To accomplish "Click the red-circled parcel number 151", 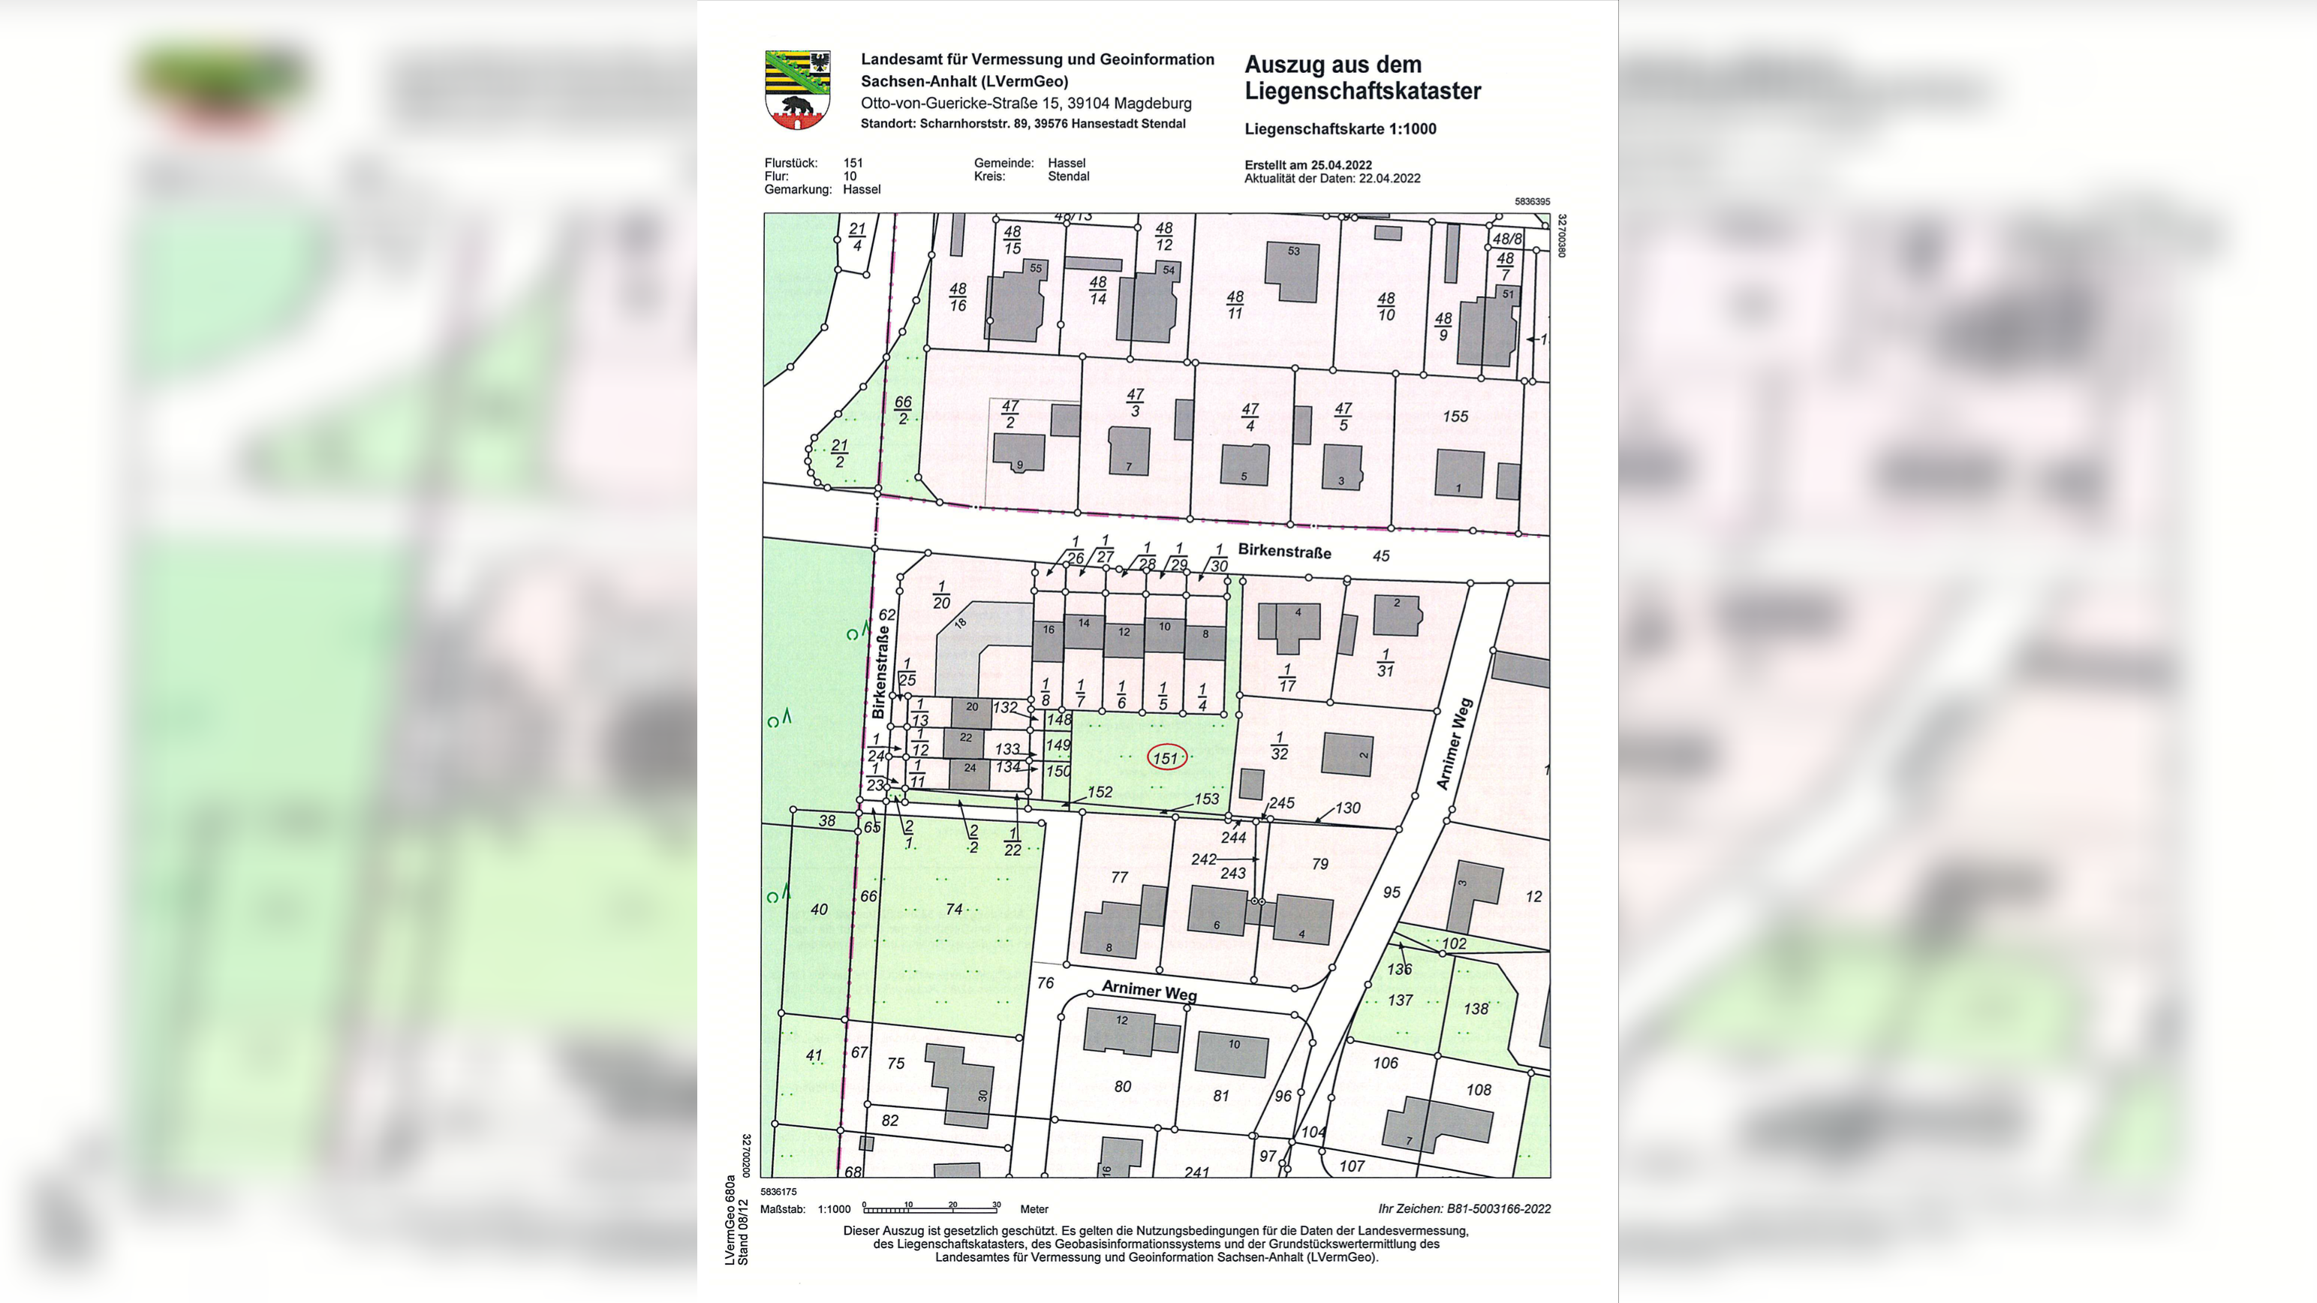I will click(1166, 758).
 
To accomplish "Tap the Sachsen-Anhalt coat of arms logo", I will click(797, 90).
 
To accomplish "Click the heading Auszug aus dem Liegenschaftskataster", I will click(1362, 78).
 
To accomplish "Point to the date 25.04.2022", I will click(1341, 164).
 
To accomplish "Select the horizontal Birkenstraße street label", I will click(1283, 551).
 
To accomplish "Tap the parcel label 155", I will click(1455, 417).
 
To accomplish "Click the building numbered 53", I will click(1292, 271).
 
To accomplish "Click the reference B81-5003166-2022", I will click(1497, 1208).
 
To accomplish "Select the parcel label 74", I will click(954, 909).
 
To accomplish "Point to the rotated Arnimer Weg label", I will click(1454, 744).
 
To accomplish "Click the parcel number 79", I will click(1319, 863).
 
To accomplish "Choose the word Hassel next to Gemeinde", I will click(1066, 163).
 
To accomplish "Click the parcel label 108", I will click(1478, 1090).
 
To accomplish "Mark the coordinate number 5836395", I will click(1531, 201).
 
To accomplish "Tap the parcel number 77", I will click(1119, 877).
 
